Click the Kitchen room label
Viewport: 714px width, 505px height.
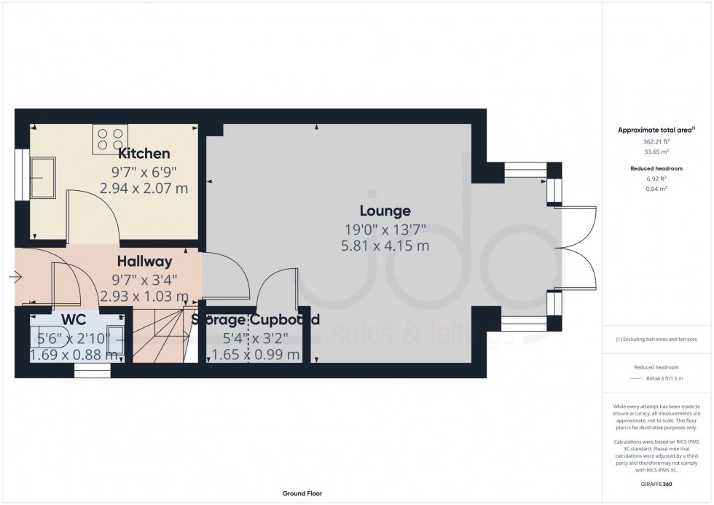pyautogui.click(x=144, y=154)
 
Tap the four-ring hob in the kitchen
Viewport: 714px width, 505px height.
pyautogui.click(x=110, y=140)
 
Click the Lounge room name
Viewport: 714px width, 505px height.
pyautogui.click(x=385, y=211)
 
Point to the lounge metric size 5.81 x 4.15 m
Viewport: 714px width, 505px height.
pyautogui.click(x=385, y=246)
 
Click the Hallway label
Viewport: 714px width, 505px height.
pyautogui.click(x=146, y=261)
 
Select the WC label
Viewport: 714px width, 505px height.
pyautogui.click(x=74, y=320)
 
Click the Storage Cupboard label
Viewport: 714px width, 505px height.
pyautogui.click(x=255, y=320)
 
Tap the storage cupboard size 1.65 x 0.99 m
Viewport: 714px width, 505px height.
pyautogui.click(x=255, y=355)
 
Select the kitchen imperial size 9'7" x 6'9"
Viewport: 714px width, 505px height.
pyautogui.click(x=144, y=172)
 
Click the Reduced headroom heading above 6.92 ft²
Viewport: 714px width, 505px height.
pyautogui.click(x=656, y=168)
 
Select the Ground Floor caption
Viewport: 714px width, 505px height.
pyautogui.click(x=302, y=493)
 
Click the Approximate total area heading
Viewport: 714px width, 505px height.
pyautogui.click(x=656, y=130)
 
